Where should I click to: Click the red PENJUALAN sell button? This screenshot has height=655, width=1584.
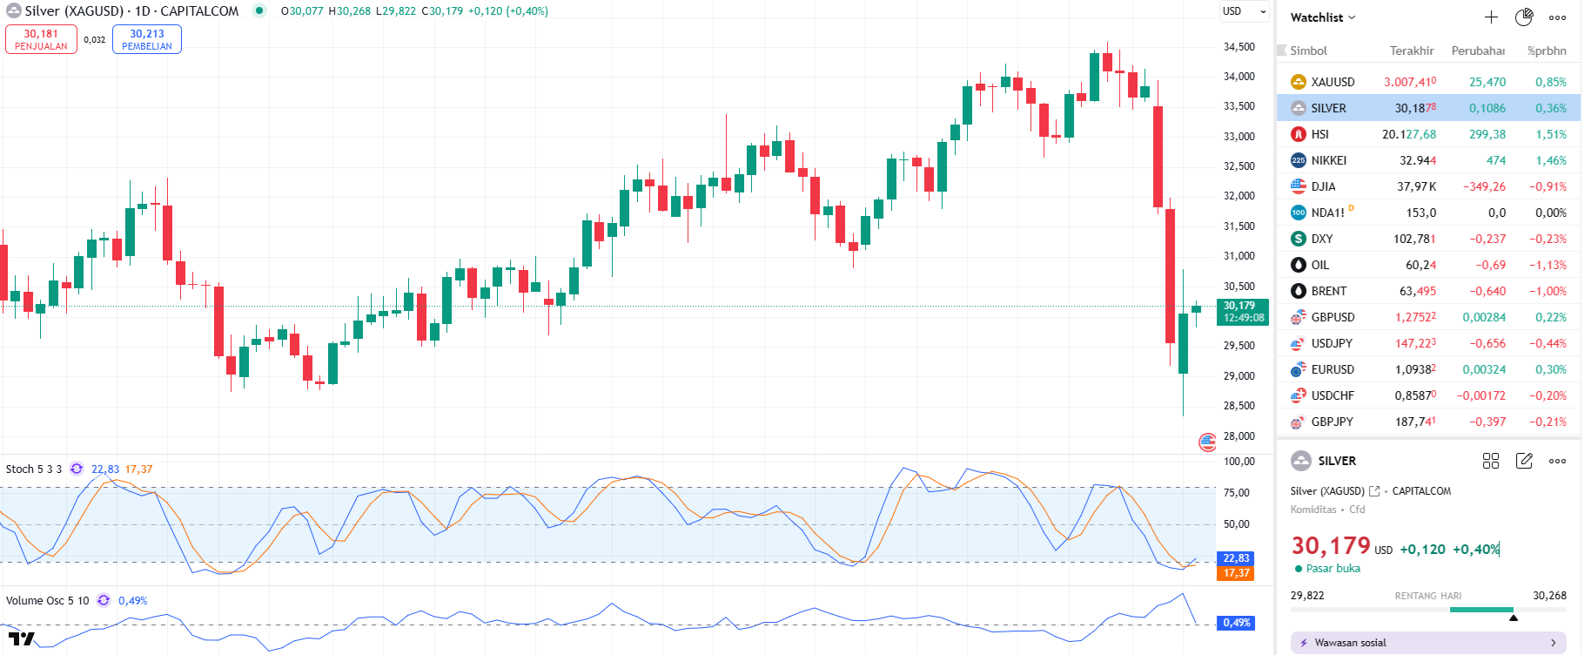[41, 39]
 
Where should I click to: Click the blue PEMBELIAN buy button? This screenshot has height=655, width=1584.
[146, 39]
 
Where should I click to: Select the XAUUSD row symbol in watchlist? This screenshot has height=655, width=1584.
[1332, 82]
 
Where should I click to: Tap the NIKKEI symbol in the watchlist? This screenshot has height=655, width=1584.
[1328, 160]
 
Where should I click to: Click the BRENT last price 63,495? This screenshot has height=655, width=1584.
[1417, 291]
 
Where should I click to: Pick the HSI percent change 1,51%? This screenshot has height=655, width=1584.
[1550, 134]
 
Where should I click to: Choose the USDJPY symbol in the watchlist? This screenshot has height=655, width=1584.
[1332, 343]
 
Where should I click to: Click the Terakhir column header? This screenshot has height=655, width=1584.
[1411, 51]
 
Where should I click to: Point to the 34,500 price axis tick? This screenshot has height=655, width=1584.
[1238, 47]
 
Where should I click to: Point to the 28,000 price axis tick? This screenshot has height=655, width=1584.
[1238, 436]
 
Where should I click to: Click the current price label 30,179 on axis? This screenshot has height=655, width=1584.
[1242, 311]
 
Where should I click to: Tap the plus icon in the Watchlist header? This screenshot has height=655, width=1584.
[1491, 17]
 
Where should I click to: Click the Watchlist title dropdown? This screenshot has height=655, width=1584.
[1322, 17]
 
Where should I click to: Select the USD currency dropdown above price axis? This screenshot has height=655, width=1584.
[1244, 11]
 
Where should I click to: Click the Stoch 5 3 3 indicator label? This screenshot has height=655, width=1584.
[34, 469]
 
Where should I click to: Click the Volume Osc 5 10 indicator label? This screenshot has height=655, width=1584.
[47, 600]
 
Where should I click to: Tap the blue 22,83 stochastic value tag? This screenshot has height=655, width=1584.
[1236, 558]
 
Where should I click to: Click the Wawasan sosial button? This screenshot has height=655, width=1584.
[1427, 643]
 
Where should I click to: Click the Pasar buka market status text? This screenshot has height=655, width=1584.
[1332, 569]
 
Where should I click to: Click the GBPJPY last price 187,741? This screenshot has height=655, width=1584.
[1415, 422]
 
